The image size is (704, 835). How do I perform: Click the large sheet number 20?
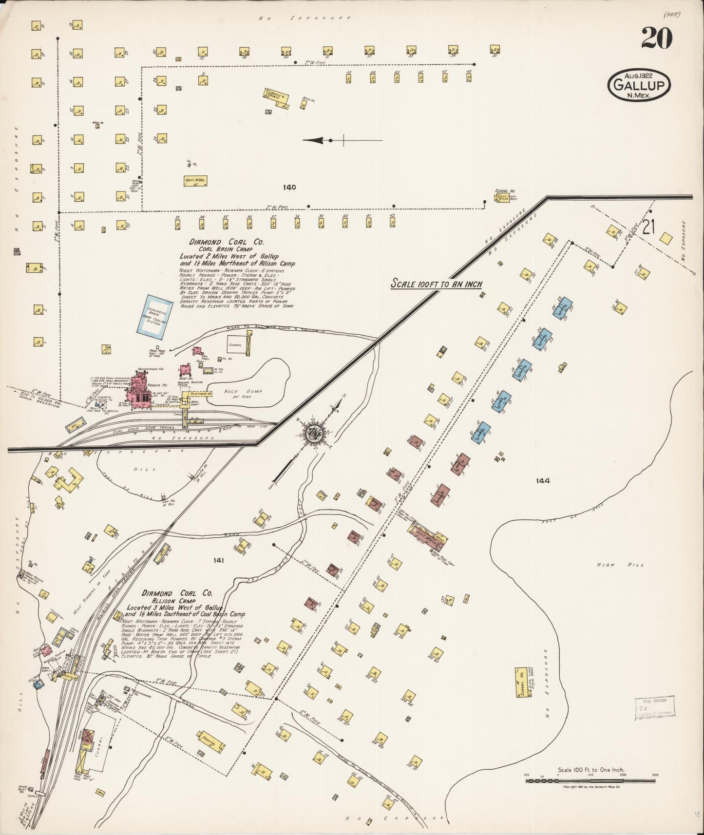[x=656, y=38]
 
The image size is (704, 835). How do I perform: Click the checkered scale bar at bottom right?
[x=590, y=780]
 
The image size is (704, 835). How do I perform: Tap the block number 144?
[x=542, y=480]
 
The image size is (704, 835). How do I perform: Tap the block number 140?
[x=289, y=187]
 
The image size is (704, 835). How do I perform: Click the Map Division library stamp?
[x=654, y=708]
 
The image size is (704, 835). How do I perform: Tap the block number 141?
[x=218, y=561]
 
